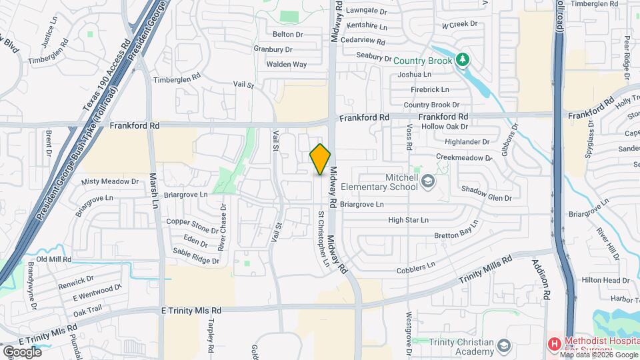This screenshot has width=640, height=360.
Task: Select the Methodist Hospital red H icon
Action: click(x=553, y=344)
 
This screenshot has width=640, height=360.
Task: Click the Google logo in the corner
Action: click(x=22, y=351)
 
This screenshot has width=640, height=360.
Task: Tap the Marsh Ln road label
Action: click(x=154, y=189)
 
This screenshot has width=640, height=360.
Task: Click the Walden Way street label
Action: click(x=286, y=65)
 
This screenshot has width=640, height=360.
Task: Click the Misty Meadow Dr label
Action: click(x=109, y=181)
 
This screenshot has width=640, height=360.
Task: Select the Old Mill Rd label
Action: click(x=53, y=259)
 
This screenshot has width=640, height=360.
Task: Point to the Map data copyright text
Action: click(x=597, y=355)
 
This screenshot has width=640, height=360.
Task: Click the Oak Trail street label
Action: click(x=87, y=309)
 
